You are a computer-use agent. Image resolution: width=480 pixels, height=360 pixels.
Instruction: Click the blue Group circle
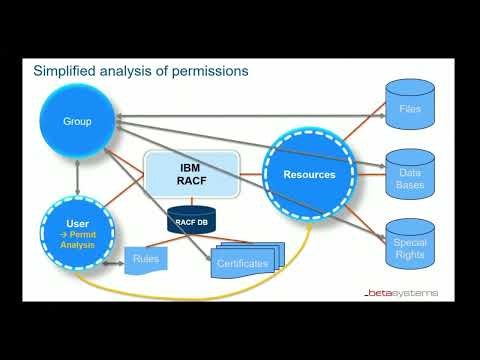[77, 121]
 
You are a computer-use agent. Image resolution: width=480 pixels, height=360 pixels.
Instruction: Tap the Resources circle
[309, 174]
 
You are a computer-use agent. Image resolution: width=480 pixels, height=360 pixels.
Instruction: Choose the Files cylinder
[410, 107]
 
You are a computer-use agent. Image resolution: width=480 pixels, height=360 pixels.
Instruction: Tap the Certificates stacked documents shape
[245, 261]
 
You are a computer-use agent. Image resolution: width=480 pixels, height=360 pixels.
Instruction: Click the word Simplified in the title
[64, 71]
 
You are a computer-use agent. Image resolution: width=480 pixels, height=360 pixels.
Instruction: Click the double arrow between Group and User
[77, 175]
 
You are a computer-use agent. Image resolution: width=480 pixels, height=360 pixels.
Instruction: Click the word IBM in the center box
[191, 168]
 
